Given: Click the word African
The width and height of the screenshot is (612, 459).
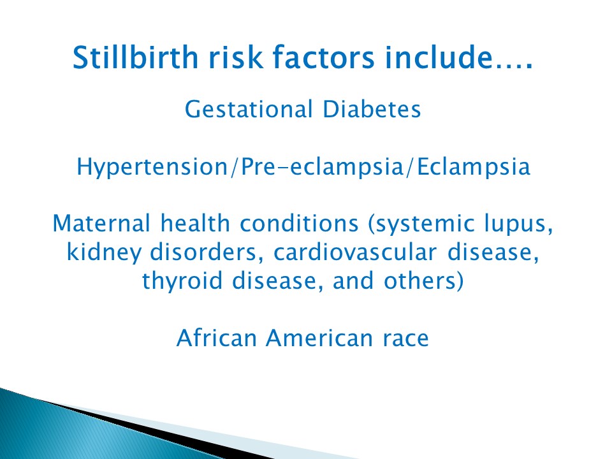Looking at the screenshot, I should (217, 338).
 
